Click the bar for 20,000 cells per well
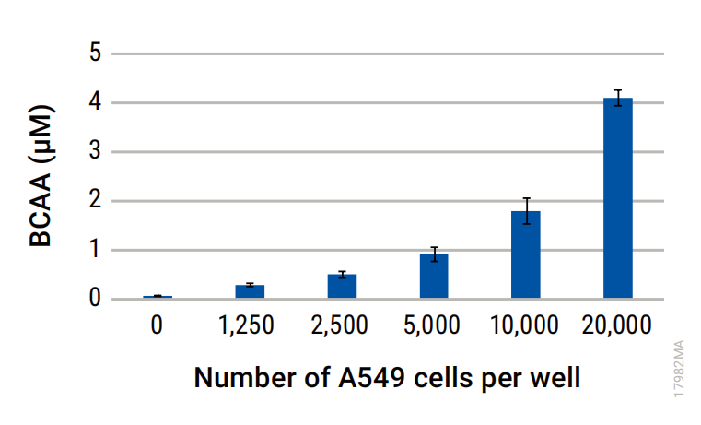618,197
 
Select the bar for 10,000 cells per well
526,254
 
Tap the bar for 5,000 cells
434,276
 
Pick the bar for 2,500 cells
342,286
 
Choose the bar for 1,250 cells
250,291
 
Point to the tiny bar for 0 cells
158,297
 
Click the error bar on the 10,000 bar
527,211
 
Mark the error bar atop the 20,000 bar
618,98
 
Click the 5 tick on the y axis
95,53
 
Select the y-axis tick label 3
95,151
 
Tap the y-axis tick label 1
95,249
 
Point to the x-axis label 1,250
246,325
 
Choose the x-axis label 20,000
616,325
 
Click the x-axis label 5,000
431,325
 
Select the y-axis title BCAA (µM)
41,175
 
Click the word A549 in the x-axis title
371,378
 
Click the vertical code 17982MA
679,369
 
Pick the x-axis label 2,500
339,325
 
